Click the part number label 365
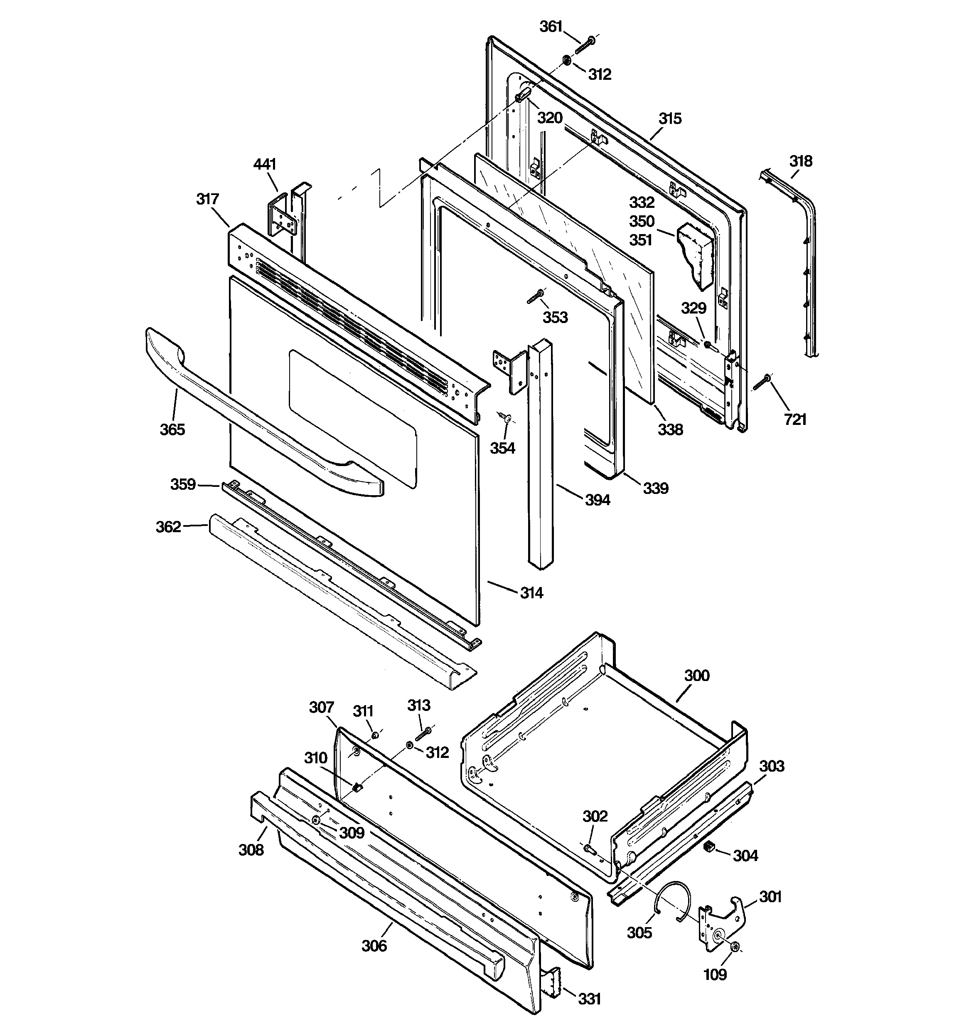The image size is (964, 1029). pos(172,429)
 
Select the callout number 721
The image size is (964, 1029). pos(795,419)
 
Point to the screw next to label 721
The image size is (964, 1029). pos(762,384)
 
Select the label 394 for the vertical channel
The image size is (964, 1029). pos(597,500)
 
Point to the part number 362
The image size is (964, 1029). pos(168,527)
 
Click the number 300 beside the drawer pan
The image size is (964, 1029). pos(696,676)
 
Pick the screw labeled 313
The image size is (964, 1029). pos(423,733)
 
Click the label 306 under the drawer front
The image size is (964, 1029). pos(374,946)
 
